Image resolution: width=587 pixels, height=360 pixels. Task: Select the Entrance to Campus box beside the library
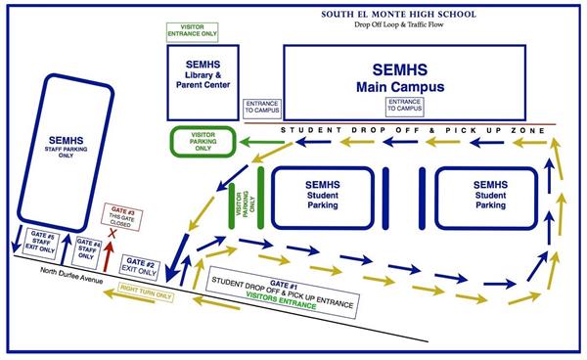[x=262, y=107]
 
